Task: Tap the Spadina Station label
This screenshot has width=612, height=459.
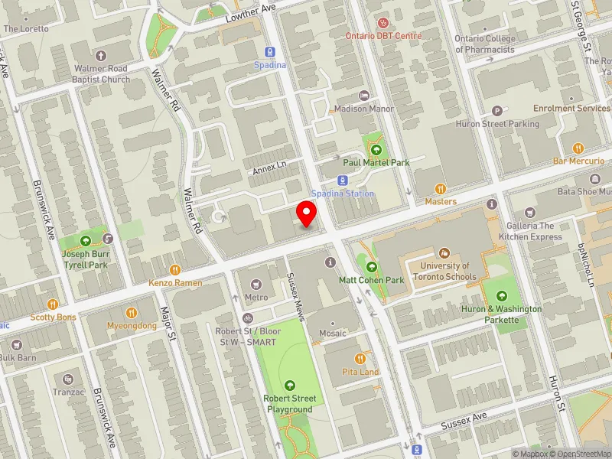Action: (x=343, y=194)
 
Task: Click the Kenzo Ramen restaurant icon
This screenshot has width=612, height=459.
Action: (x=175, y=269)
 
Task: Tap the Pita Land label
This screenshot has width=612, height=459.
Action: (x=360, y=372)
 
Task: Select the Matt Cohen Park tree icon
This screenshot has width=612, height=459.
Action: (x=372, y=267)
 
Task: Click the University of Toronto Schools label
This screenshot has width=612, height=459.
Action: (x=444, y=272)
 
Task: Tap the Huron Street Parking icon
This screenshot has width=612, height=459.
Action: (x=497, y=111)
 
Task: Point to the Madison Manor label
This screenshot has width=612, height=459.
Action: (x=364, y=109)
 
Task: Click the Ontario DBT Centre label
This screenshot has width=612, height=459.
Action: (x=383, y=35)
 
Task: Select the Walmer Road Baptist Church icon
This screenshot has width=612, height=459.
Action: (x=101, y=56)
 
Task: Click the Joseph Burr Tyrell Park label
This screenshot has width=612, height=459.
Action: (x=85, y=259)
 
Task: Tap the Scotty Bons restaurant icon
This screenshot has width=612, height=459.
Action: (x=53, y=304)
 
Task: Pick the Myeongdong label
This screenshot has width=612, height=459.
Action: (x=132, y=325)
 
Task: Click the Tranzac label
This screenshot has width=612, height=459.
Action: (x=67, y=392)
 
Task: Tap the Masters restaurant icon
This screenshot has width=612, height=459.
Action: (x=441, y=189)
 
